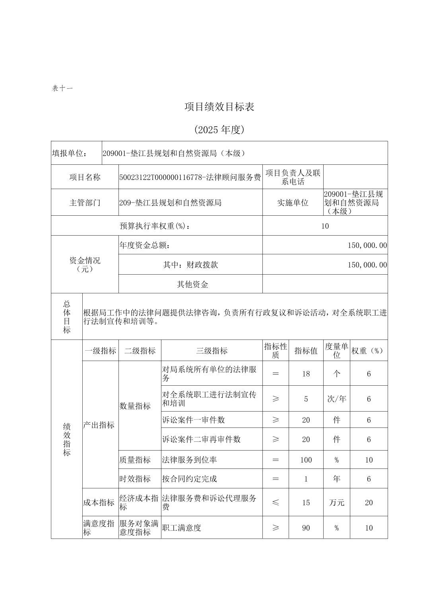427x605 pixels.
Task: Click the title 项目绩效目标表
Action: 219,107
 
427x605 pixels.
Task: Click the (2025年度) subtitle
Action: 219,129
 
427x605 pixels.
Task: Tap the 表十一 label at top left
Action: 62,88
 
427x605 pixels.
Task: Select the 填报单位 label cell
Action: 70,153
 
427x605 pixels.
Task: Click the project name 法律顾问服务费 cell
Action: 190,177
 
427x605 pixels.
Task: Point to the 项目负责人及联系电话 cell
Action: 293,177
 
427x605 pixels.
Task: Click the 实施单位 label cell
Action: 293,203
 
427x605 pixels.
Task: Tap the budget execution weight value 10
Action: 325,226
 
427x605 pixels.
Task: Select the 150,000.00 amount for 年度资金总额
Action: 367,246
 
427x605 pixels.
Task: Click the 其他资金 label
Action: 192,284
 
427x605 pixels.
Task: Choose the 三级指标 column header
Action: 212,351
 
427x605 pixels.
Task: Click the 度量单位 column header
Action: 336,351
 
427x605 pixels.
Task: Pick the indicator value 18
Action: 306,374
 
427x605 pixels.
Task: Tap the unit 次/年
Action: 336,399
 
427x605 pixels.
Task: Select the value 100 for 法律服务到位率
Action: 306,460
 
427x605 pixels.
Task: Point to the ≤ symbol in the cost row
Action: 276,503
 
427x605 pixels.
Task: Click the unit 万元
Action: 336,503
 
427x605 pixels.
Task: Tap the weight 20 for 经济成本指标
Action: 369,503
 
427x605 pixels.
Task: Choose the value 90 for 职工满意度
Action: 306,528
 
